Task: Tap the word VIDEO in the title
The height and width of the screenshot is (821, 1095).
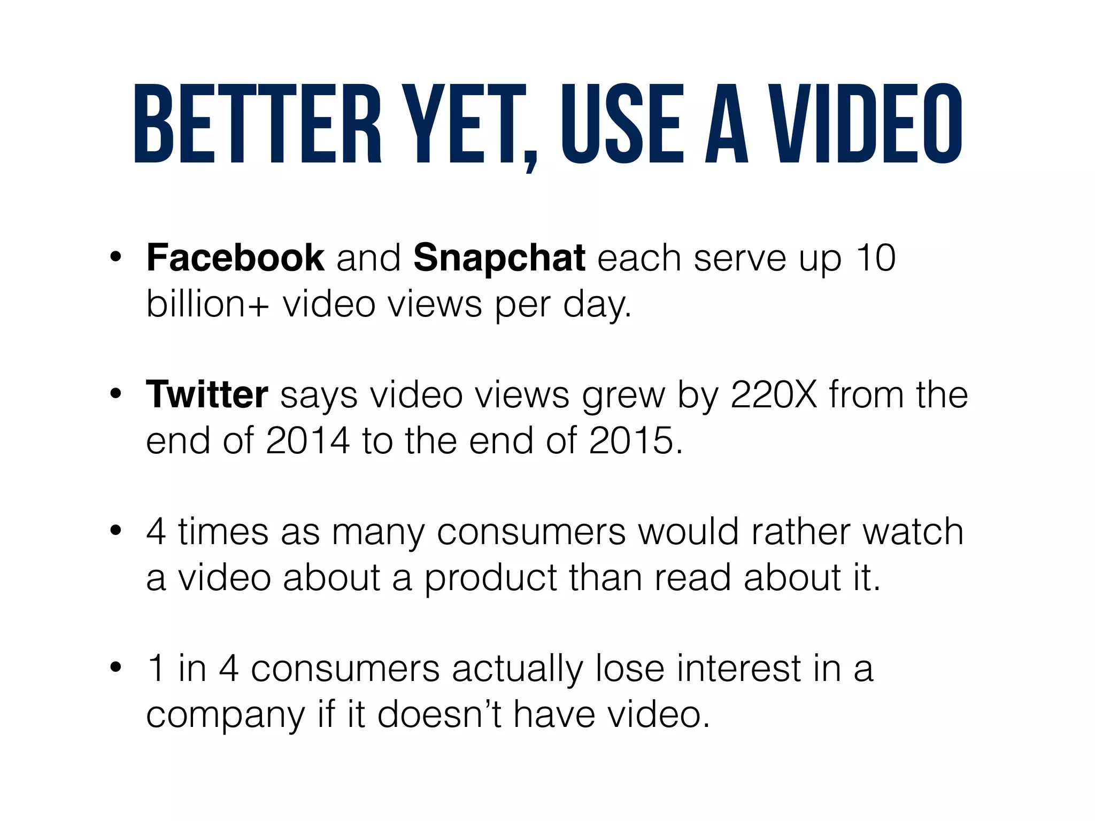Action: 869,124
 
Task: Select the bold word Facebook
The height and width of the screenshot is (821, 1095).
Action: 235,258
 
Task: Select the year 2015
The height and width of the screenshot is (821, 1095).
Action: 631,441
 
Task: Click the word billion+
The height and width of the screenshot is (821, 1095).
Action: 207,304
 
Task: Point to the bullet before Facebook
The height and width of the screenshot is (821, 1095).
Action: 115,258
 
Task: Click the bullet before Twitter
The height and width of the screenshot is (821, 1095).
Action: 115,395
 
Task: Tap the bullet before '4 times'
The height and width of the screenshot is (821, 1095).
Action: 115,532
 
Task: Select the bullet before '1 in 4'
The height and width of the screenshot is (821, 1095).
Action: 115,669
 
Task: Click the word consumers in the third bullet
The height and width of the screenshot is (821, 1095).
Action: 531,532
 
